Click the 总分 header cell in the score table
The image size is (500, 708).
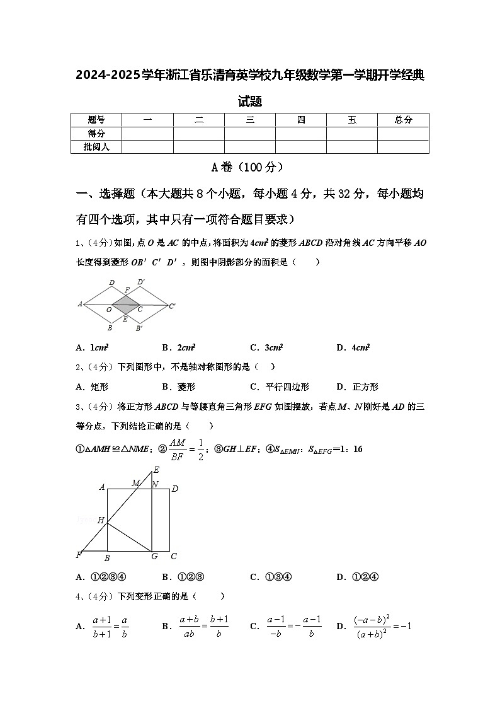click(x=403, y=120)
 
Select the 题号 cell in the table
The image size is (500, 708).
click(x=96, y=120)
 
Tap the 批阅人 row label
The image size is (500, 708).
click(x=96, y=147)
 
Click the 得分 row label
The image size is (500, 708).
click(x=96, y=134)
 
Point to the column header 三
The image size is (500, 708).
click(x=250, y=120)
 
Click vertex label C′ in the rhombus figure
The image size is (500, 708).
click(x=172, y=306)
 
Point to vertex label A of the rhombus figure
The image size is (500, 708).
click(x=80, y=304)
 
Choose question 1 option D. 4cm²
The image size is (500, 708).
click(x=353, y=347)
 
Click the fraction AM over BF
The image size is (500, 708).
click(x=178, y=449)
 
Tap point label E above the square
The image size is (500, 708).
click(x=156, y=470)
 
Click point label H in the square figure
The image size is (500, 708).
click(x=100, y=520)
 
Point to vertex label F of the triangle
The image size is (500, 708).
click(x=79, y=555)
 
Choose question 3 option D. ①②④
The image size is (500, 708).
click(x=356, y=576)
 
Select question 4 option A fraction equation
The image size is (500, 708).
click(x=105, y=627)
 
